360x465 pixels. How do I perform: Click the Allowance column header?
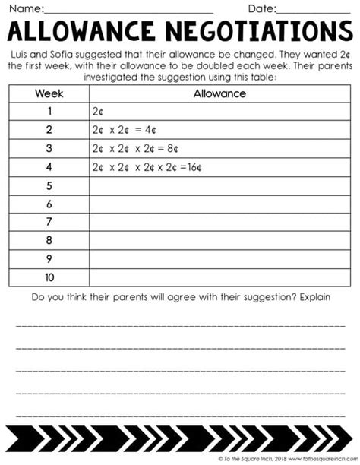pyautogui.click(x=219, y=94)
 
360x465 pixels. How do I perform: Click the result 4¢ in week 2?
pyautogui.click(x=151, y=130)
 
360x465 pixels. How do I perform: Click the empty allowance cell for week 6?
pyautogui.click(x=219, y=204)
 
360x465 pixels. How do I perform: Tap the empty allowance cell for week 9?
pyautogui.click(x=219, y=259)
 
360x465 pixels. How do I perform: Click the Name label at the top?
pyautogui.click(x=22, y=8)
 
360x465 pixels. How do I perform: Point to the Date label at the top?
pyautogui.click(x=260, y=8)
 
